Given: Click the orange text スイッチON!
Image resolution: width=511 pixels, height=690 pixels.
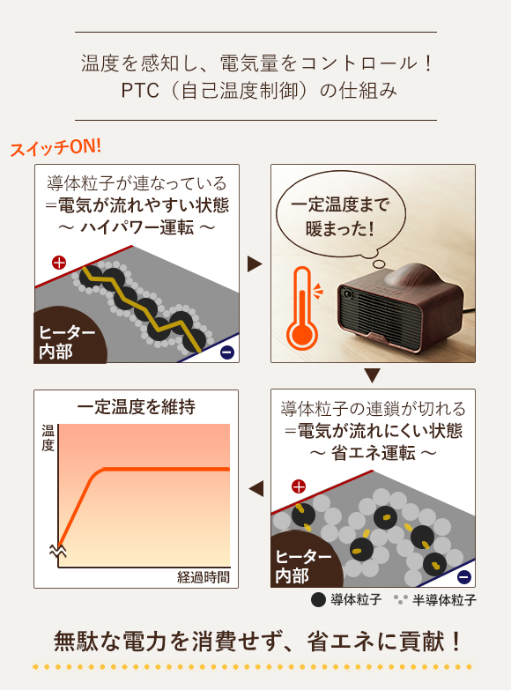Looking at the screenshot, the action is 56,147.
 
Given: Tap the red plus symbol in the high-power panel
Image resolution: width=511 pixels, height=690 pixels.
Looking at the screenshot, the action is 59,263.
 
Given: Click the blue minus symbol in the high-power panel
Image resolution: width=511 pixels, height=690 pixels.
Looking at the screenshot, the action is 227,352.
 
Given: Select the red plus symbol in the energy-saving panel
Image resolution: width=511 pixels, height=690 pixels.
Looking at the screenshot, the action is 299,486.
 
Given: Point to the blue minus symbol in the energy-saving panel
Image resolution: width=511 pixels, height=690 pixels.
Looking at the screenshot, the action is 464,576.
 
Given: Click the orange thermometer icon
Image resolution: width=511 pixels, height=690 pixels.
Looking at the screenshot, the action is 303,308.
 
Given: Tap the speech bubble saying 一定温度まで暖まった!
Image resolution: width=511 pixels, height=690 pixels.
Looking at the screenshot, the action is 340,216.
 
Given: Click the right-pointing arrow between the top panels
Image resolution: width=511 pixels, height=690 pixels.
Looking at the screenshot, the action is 255,264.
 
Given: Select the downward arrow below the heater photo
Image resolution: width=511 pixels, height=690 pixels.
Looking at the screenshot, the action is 372,375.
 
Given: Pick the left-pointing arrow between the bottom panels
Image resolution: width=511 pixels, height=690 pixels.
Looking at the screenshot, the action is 256,488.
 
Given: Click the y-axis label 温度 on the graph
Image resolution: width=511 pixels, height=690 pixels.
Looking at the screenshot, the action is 48,438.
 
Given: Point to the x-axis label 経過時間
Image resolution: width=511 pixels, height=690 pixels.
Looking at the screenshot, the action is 204,577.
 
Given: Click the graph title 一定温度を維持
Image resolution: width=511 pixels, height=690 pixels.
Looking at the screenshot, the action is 136,407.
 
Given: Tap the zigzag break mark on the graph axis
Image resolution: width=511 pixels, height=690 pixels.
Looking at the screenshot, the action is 58,551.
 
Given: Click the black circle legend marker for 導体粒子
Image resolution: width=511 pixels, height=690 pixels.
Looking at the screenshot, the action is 318,599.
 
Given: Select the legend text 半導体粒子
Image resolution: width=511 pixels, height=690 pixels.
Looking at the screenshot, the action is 444,600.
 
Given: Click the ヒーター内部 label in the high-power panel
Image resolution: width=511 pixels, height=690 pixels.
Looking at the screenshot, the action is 66,342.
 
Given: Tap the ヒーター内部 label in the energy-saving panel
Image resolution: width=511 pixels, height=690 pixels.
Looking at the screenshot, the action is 303,567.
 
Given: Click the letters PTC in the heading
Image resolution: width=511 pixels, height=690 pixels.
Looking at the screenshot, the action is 140,91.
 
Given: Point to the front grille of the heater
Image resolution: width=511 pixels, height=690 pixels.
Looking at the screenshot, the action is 380,315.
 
